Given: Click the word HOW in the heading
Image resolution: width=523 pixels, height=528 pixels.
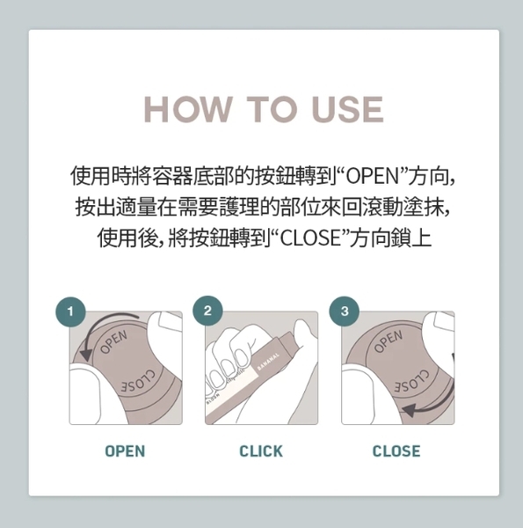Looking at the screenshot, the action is pyautogui.click(x=188, y=109).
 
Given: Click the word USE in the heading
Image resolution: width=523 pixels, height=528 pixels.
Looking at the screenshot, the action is pyautogui.click(x=348, y=109).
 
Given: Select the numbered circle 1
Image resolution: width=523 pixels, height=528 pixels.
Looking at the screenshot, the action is pyautogui.click(x=70, y=312).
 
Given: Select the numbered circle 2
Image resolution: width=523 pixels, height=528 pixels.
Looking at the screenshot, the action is pyautogui.click(x=207, y=311).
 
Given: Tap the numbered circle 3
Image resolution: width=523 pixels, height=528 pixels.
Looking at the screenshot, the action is pyautogui.click(x=345, y=312).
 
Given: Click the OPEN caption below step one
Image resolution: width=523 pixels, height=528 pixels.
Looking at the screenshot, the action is pyautogui.click(x=125, y=451).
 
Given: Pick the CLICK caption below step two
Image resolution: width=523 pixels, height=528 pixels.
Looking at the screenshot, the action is pyautogui.click(x=261, y=451).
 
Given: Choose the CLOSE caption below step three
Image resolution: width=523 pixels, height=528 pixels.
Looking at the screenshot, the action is pyautogui.click(x=396, y=451).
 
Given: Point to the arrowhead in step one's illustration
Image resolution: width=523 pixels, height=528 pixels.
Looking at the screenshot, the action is pyautogui.click(x=86, y=355).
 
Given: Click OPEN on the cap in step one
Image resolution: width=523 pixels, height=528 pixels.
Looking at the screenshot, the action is pyautogui.click(x=113, y=341).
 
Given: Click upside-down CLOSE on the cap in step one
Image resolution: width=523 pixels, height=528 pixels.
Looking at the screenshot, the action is pyautogui.click(x=138, y=382).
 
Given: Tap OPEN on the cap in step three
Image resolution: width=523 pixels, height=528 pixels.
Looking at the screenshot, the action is pyautogui.click(x=389, y=341).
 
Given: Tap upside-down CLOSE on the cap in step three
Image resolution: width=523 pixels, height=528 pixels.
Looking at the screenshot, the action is pyautogui.click(x=412, y=382).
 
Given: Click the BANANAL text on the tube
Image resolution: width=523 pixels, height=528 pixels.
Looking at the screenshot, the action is pyautogui.click(x=268, y=362).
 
